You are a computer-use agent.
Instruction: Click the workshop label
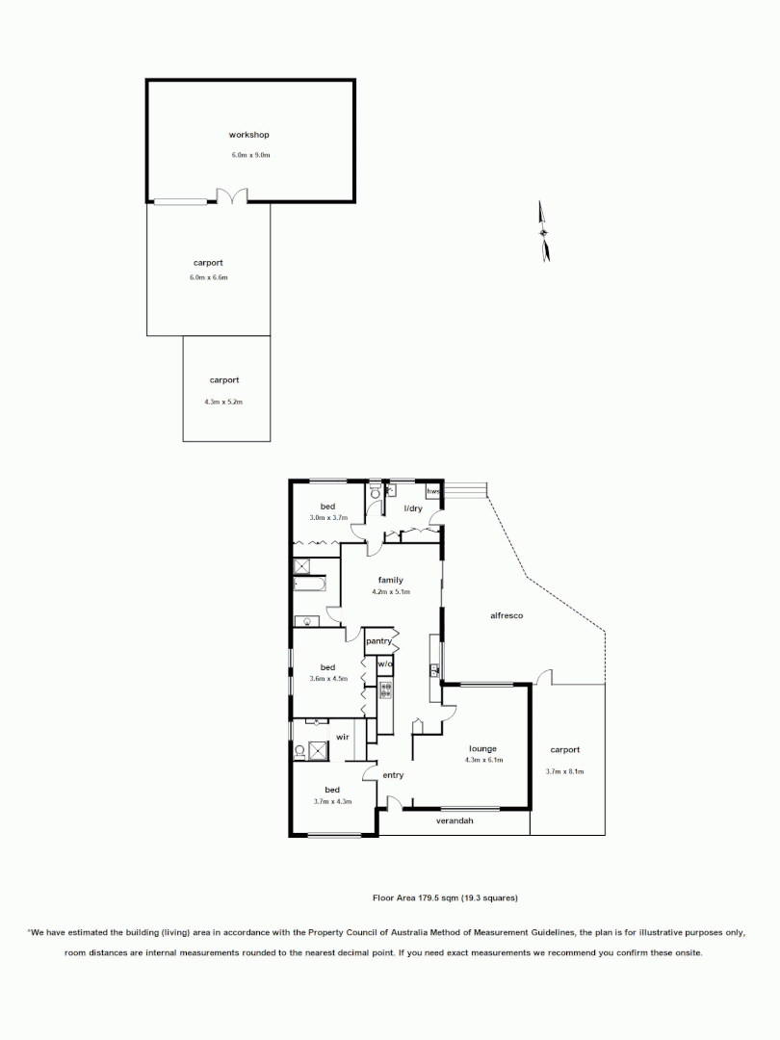pyautogui.click(x=248, y=135)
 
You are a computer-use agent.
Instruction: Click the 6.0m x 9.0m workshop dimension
pyautogui.click(x=248, y=154)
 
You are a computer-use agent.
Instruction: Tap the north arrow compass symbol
pyautogui.click(x=545, y=231)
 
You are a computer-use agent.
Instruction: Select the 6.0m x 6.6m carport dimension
pyautogui.click(x=209, y=277)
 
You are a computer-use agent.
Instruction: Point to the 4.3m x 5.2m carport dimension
pyautogui.click(x=224, y=402)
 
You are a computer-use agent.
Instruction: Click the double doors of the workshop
pyautogui.click(x=232, y=196)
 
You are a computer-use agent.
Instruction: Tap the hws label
pyautogui.click(x=432, y=492)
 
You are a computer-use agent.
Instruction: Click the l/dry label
pyautogui.click(x=412, y=507)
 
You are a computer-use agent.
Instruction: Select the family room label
pyautogui.click(x=390, y=580)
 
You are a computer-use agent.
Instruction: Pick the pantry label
pyautogui.click(x=377, y=640)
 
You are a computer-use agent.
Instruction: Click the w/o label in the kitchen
pyautogui.click(x=384, y=663)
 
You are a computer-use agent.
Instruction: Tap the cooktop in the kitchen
pyautogui.click(x=386, y=689)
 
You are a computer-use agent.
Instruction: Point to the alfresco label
pyautogui.click(x=506, y=615)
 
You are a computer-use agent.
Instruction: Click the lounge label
pyautogui.click(x=482, y=748)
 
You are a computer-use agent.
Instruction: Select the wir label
pyautogui.click(x=342, y=737)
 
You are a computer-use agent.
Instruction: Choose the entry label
pyautogui.click(x=393, y=775)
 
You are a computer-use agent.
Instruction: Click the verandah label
pyautogui.click(x=455, y=820)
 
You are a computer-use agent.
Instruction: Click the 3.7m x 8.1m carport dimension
pyautogui.click(x=565, y=771)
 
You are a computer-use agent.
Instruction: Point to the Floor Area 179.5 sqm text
pyautogui.click(x=445, y=897)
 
